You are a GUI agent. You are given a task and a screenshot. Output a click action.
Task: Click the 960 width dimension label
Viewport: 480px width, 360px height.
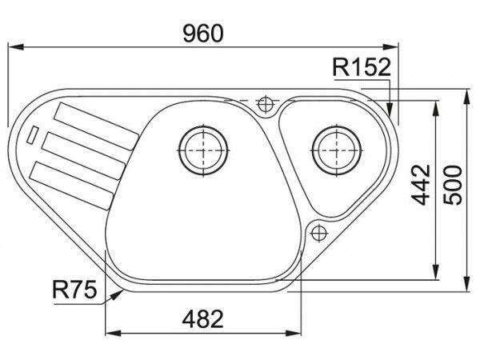tap(203, 34)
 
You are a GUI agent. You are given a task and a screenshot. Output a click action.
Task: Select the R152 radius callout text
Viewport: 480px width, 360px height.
tap(362, 67)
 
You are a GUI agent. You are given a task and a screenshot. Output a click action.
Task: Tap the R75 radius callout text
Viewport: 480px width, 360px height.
tap(74, 289)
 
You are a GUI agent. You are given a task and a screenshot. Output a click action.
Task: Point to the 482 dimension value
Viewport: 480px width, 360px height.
tap(202, 319)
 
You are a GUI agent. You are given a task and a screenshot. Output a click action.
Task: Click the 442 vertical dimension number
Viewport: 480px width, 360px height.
tap(421, 185)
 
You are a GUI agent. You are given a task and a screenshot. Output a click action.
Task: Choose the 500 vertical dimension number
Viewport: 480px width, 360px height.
tap(453, 185)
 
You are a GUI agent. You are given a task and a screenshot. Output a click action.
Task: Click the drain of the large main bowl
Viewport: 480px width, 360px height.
tap(203, 150)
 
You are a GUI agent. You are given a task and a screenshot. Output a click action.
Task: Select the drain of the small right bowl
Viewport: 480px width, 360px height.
tap(337, 150)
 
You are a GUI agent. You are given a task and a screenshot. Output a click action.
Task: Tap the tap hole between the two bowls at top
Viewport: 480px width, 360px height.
tap(266, 104)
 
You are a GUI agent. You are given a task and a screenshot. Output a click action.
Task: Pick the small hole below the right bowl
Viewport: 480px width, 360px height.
tap(319, 234)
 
